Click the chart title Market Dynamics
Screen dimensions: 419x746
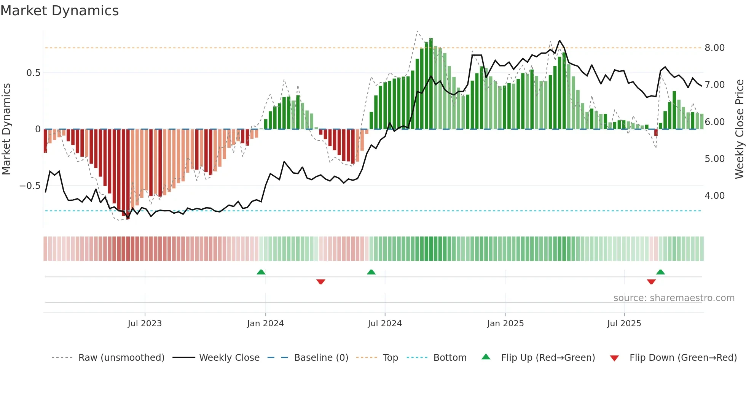(x=60, y=11)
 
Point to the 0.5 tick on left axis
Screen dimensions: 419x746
(x=33, y=73)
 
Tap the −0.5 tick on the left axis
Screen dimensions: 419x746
(x=30, y=186)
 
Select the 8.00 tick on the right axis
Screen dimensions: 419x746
(x=714, y=48)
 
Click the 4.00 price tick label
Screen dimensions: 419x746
(x=714, y=196)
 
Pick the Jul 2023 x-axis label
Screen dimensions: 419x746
(x=145, y=324)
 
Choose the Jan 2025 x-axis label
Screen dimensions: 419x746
(x=505, y=324)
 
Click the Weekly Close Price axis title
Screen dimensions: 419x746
(x=739, y=129)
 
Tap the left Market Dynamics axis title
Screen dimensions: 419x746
(x=6, y=129)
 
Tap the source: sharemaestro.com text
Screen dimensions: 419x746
(x=674, y=298)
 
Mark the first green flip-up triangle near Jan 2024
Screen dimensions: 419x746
(x=261, y=272)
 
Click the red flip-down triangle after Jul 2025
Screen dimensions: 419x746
(x=651, y=282)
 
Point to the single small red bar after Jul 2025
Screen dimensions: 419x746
(x=656, y=132)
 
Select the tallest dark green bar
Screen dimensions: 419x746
(x=431, y=84)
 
